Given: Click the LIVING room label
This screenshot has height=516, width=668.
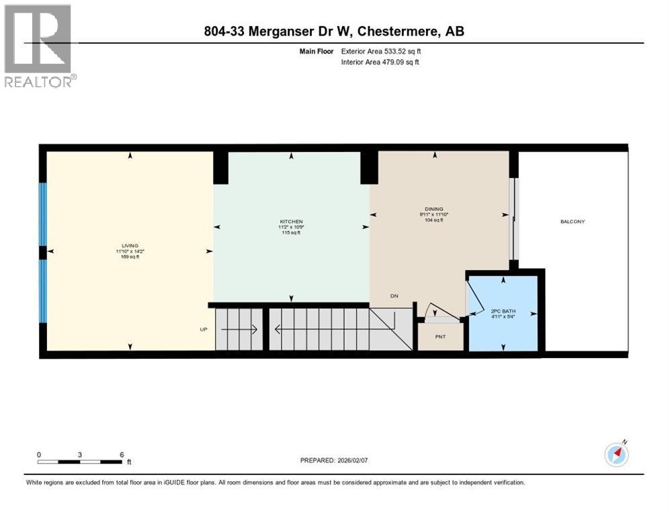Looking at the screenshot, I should (x=130, y=246).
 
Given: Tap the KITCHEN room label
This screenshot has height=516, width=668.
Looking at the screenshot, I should (x=291, y=222).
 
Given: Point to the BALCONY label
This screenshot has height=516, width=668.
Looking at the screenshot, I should (x=573, y=221).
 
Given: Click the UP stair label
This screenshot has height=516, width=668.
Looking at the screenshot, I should (x=204, y=330).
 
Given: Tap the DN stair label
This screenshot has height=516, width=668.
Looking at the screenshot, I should (x=394, y=296).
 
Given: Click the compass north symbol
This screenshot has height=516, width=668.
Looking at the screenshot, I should (x=616, y=455).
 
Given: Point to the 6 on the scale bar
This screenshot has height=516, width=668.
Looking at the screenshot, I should (x=122, y=455).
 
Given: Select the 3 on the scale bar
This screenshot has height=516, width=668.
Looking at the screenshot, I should (x=80, y=455).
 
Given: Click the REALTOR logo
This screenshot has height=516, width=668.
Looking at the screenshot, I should (x=38, y=46).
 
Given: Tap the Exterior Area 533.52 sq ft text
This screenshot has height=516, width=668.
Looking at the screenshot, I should (x=381, y=51).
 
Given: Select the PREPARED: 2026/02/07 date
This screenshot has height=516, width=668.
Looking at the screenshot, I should (x=334, y=460).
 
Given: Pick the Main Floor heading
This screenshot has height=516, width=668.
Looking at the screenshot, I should (x=317, y=51).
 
